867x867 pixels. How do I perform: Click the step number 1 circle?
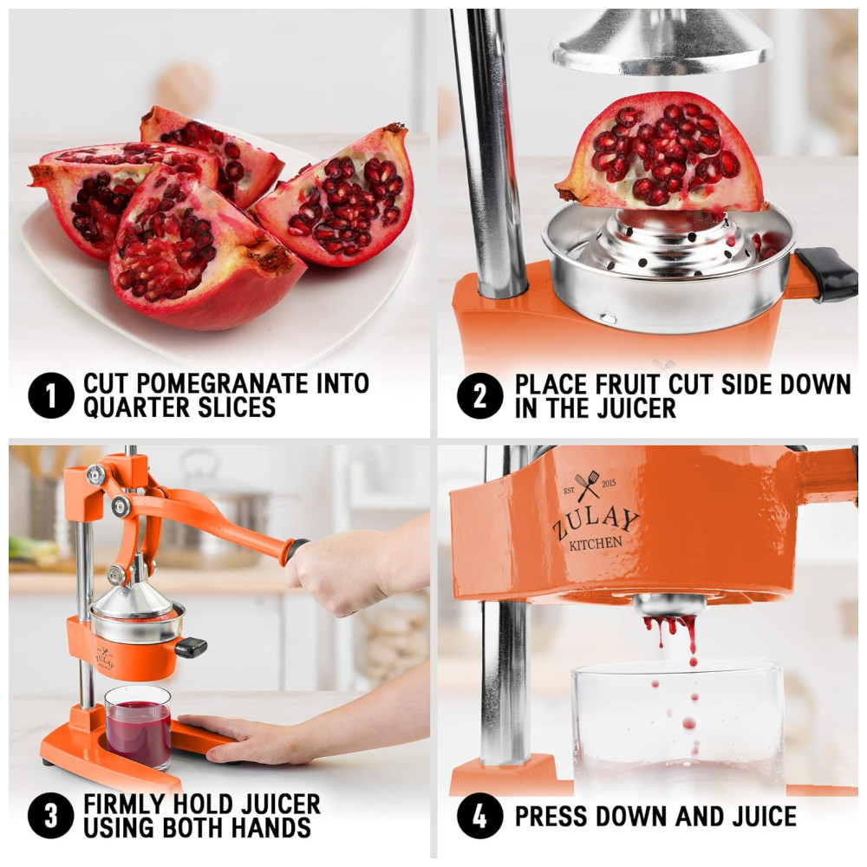coord(51,396)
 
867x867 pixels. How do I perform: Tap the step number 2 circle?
coord(480,396)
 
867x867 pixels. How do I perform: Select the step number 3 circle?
coord(51,816)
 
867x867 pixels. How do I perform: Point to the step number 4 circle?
coord(480,816)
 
